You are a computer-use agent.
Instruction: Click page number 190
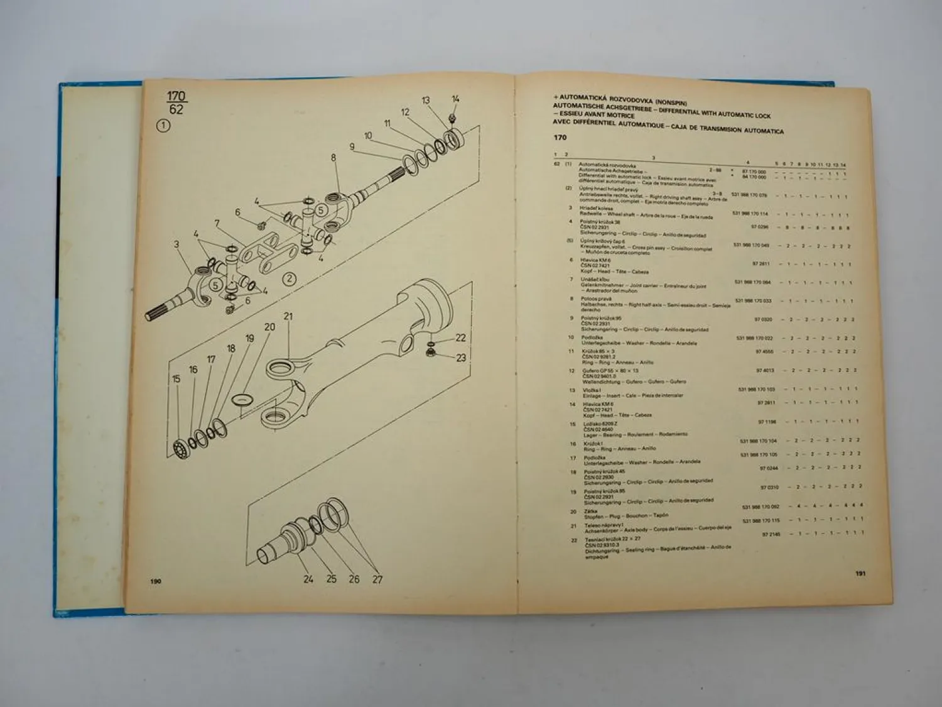pos(156,581)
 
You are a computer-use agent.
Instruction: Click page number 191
pos(860,573)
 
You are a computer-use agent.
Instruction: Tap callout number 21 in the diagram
pos(288,316)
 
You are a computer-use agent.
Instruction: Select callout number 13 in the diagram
pos(426,101)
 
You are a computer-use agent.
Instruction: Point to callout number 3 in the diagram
pos(176,244)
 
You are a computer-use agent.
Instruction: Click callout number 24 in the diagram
pos(308,579)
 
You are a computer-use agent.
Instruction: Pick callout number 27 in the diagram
pos(377,579)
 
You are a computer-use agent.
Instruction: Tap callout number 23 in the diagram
pos(461,358)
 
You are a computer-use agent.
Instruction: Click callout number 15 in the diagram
pos(176,378)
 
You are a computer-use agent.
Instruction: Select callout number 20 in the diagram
pos(269,327)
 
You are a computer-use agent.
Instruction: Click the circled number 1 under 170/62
pos(163,126)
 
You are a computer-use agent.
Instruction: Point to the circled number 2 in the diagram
pos(289,279)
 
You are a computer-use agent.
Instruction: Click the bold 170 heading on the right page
pos(560,138)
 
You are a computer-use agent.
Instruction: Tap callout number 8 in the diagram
pos(333,158)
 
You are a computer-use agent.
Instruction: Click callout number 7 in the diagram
pos(217,223)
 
